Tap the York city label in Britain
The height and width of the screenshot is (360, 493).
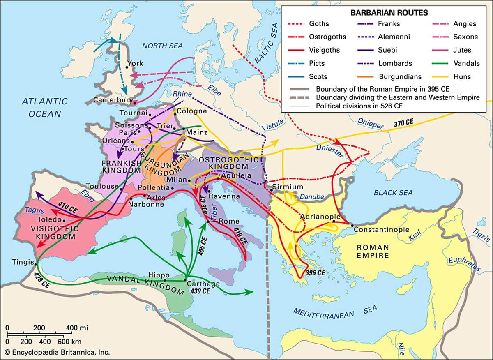click(x=135, y=63)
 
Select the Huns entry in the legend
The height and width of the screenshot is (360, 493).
click(x=462, y=76)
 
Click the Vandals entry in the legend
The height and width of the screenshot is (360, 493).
click(x=466, y=63)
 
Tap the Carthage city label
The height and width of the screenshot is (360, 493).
click(x=203, y=284)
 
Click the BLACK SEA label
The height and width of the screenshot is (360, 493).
click(x=394, y=192)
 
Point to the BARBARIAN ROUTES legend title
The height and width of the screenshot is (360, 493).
click(x=383, y=13)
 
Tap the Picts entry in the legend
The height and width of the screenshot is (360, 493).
click(x=317, y=63)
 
